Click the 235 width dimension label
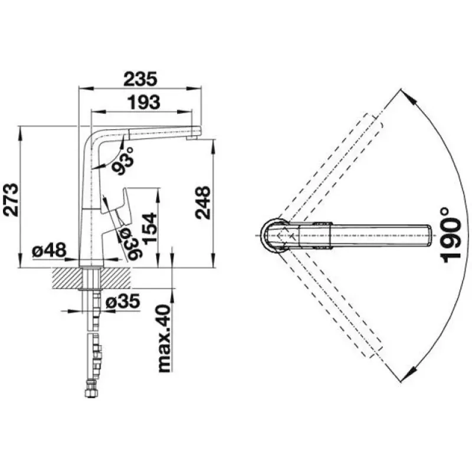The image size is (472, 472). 140,79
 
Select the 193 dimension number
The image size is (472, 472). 143,102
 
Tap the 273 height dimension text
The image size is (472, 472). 11,199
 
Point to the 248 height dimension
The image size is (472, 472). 202,202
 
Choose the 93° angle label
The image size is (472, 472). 123,160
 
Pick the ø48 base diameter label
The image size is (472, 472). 49,250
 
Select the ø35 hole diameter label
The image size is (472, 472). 123,301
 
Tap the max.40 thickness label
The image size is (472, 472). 165,338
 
